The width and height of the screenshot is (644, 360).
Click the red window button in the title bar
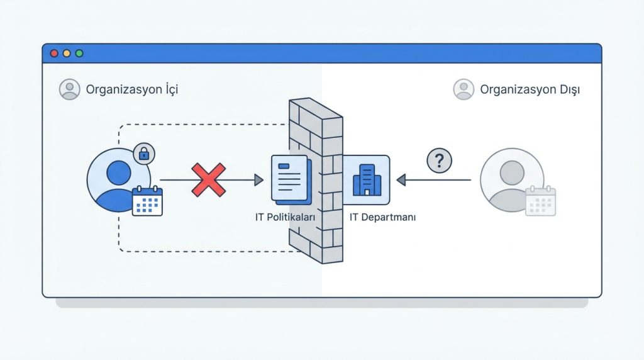tap(54, 53)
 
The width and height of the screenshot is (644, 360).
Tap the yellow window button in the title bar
tap(67, 53)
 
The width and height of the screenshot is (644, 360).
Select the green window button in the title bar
tap(79, 53)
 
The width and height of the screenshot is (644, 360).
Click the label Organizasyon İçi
tap(132, 89)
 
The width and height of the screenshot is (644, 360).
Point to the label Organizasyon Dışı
tap(530, 89)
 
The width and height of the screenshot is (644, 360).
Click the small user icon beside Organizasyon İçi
tap(69, 89)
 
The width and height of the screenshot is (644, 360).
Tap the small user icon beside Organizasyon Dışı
tap(464, 89)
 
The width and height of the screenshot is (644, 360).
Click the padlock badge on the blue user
tap(144, 154)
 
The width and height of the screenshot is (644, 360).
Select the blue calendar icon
tap(147, 201)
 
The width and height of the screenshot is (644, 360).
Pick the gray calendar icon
tap(541, 201)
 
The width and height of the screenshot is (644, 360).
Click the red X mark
tap(208, 180)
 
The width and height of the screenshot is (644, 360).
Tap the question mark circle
tap(440, 161)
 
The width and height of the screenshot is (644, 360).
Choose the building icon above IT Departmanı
tap(365, 179)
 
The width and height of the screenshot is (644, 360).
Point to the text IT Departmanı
tap(382, 217)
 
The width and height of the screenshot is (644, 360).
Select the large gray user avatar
tap(511, 179)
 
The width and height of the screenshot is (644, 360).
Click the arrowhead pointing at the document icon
tap(258, 180)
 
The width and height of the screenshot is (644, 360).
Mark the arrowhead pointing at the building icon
tap(401, 180)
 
